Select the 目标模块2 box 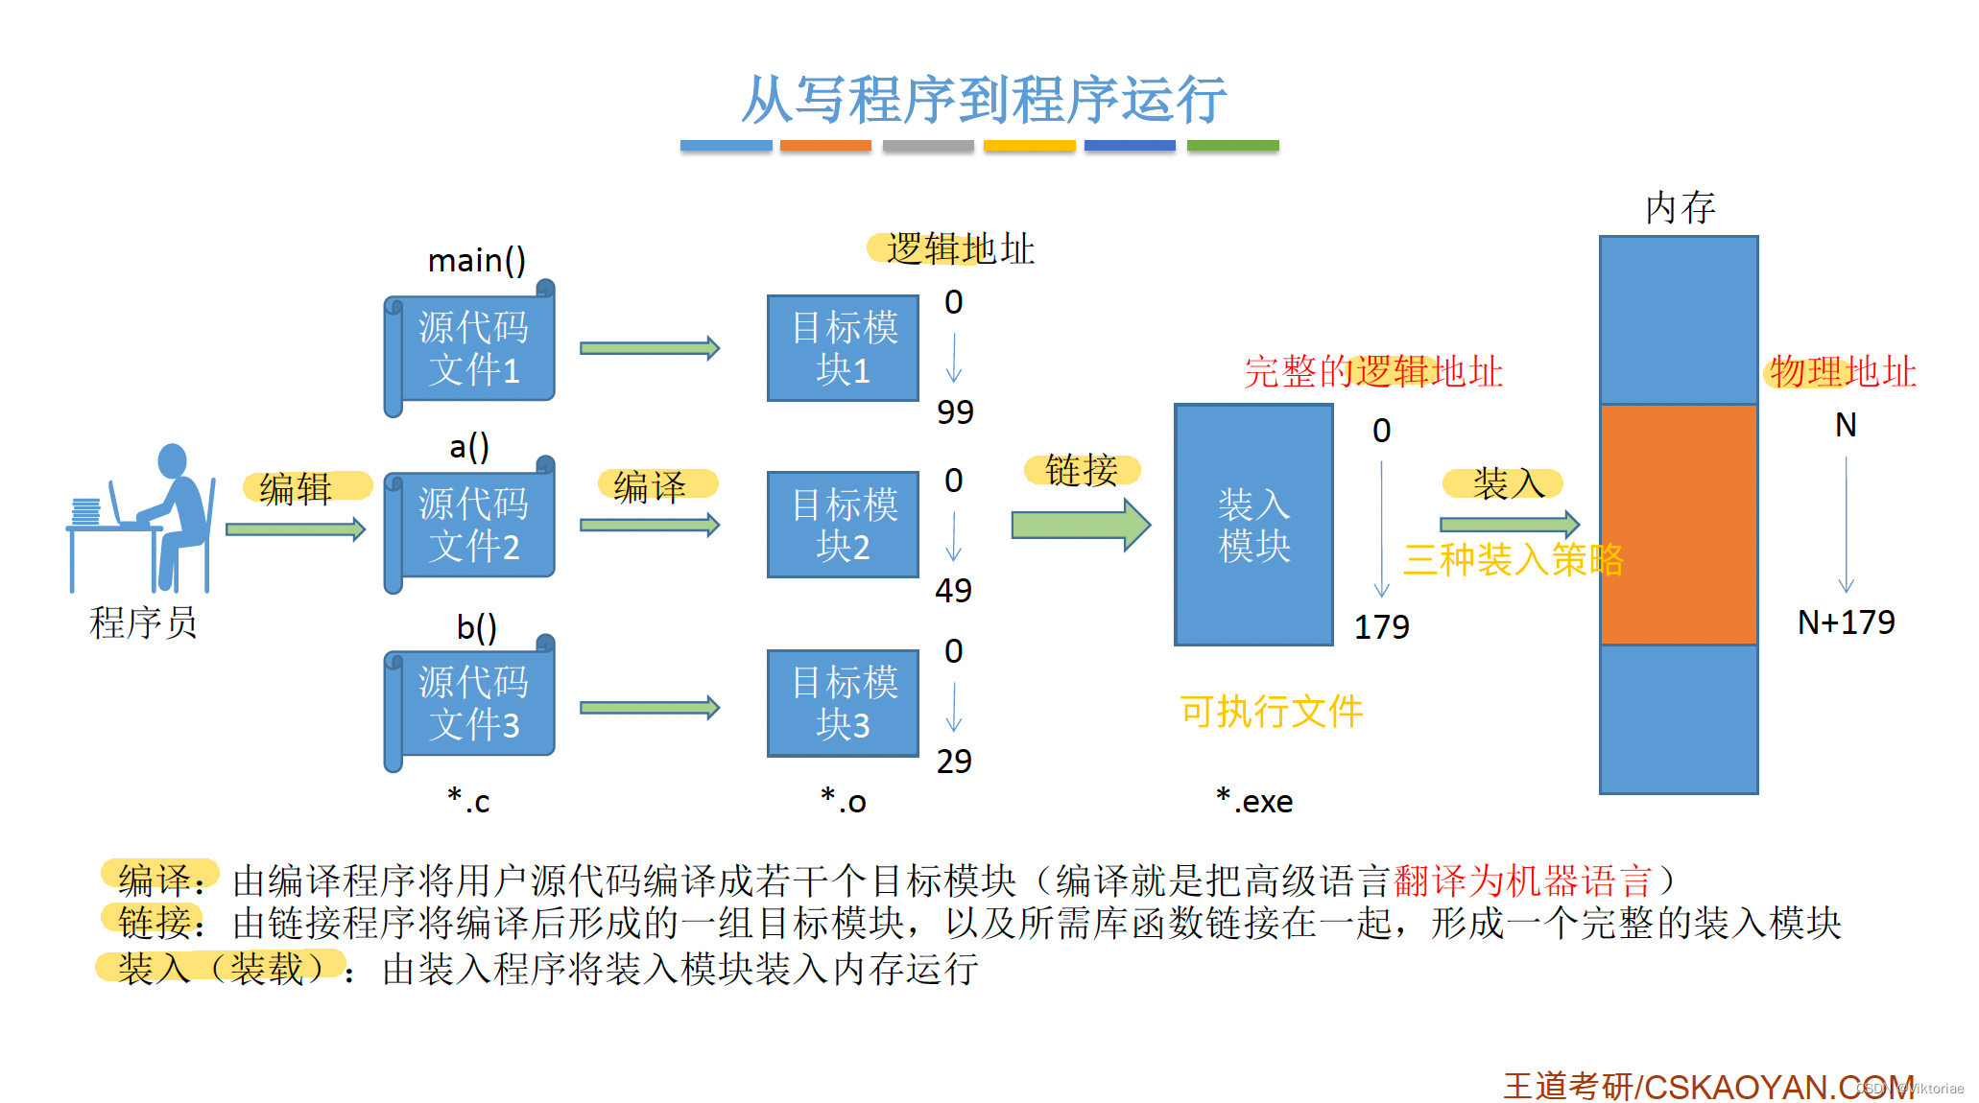(x=844, y=525)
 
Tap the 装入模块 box (x=1253, y=525)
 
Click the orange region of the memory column (x=1679, y=525)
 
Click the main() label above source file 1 (x=476, y=260)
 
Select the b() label (x=476, y=627)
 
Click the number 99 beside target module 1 (x=955, y=412)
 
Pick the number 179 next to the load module (x=1381, y=627)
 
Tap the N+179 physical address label (x=1846, y=622)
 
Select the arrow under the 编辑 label (x=296, y=529)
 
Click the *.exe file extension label (x=1254, y=801)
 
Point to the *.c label (x=468, y=801)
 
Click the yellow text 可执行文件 (x=1271, y=712)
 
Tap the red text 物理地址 (x=1842, y=371)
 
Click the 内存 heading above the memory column (x=1680, y=208)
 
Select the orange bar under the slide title (x=825, y=146)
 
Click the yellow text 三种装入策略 (x=1513, y=559)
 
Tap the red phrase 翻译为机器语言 (x=1522, y=880)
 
